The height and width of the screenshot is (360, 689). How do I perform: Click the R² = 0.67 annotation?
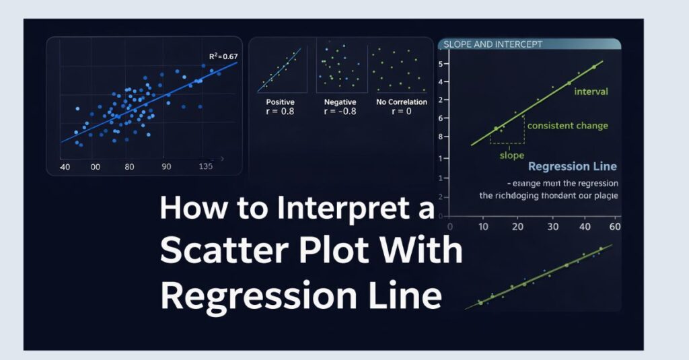223,57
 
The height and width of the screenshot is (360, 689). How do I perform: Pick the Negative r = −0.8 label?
340,106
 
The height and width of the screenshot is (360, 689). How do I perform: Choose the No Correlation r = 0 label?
402,106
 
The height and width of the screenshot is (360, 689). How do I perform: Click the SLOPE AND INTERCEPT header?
491,44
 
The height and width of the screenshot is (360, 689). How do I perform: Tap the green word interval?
591,92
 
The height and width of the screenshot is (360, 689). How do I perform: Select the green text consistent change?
567,126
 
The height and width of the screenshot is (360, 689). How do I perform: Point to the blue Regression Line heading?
572,167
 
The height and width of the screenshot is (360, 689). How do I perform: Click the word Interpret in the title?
345,211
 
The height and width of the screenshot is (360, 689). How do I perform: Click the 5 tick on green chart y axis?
443,65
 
